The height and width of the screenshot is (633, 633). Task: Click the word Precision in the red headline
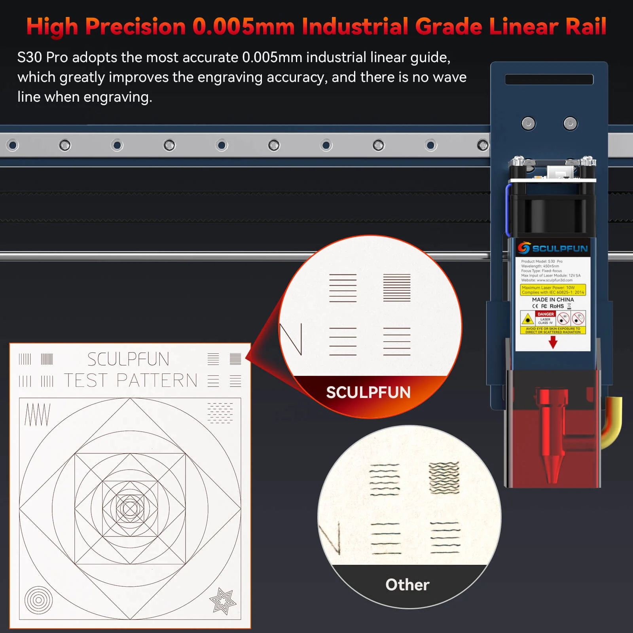pos(135,27)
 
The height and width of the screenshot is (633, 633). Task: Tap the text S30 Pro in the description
pos(43,58)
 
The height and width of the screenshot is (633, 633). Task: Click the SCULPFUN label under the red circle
pos(368,392)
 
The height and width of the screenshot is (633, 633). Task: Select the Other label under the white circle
pos(407,585)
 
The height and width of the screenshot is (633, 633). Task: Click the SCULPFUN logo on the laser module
pos(553,248)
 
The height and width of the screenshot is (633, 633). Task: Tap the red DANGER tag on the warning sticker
pos(546,314)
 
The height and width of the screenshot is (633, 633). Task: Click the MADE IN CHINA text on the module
pos(553,299)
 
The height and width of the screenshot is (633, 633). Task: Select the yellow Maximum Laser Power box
pos(553,290)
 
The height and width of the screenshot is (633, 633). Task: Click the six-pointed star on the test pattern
pos(223,601)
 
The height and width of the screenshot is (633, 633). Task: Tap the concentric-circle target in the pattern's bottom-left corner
pos(38,600)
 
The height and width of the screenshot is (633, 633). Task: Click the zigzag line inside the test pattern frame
pos(38,415)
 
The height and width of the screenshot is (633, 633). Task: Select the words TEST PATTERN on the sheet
pos(131,381)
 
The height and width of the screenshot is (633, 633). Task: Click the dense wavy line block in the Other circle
pos(444,478)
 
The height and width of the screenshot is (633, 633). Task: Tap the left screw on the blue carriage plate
pos(528,124)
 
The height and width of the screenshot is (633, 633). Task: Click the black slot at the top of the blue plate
pos(549,80)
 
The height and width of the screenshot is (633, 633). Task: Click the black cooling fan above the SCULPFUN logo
pos(552,214)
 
